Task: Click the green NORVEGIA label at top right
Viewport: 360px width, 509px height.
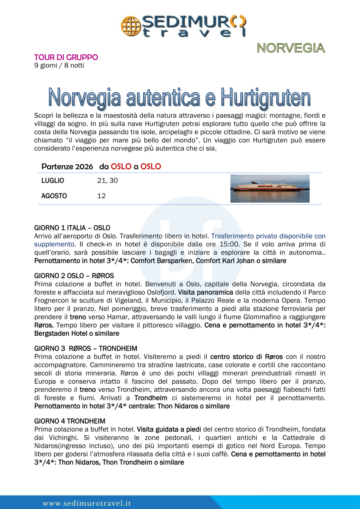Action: click(291, 48)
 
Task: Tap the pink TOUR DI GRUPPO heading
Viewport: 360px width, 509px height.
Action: click(66, 57)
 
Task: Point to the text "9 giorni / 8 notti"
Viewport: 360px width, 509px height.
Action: click(59, 65)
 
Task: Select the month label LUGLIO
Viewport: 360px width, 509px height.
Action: click(53, 181)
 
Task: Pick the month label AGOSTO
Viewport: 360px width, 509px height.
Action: click(54, 196)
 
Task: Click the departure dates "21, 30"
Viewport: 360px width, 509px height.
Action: click(108, 181)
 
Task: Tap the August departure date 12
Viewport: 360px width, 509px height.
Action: click(101, 196)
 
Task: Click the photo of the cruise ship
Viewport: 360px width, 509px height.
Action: click(270, 188)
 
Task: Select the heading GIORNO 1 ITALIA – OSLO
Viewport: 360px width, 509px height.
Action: click(72, 227)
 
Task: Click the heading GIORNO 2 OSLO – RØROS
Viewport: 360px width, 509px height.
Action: click(74, 276)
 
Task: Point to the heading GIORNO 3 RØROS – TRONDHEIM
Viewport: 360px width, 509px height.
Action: click(86, 349)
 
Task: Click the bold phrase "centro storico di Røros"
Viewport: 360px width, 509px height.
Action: click(246, 357)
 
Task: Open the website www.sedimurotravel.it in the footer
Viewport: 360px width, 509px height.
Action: click(87, 503)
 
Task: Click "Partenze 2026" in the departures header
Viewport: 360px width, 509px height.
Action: click(67, 166)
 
